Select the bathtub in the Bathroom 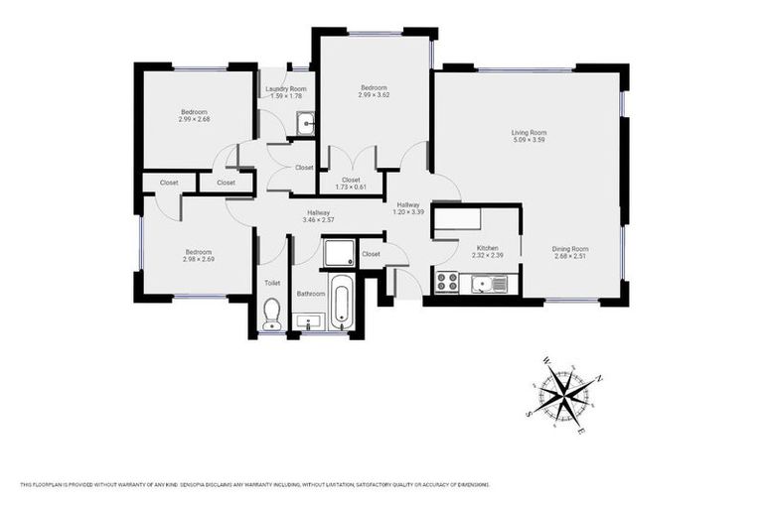pyautogui.click(x=341, y=303)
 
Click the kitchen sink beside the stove pyautogui.click(x=488, y=285)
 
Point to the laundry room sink pyautogui.click(x=305, y=125)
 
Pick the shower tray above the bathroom pyautogui.click(x=339, y=252)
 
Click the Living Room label pyautogui.click(x=529, y=132)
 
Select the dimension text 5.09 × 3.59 pyautogui.click(x=529, y=140)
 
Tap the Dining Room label pyautogui.click(x=571, y=248)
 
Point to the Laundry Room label pyautogui.click(x=285, y=89)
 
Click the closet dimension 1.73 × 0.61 pyautogui.click(x=351, y=188)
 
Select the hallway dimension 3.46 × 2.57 pyautogui.click(x=318, y=219)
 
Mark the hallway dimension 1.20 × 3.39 pyautogui.click(x=408, y=211)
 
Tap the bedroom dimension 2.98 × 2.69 pyautogui.click(x=199, y=259)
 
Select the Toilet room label pyautogui.click(x=272, y=283)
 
